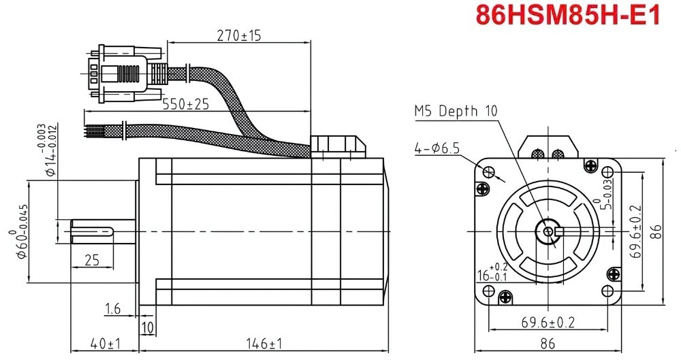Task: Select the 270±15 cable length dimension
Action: pos(238,35)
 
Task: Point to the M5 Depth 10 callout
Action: pos(456,111)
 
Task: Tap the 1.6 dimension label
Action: pos(112,310)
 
